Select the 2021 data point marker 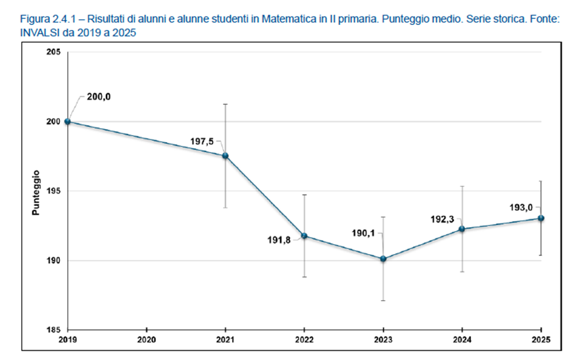pos(226,156)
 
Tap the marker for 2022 pos(304,236)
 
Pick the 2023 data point pos(383,259)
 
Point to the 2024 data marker pos(462,228)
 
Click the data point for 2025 pos(541,219)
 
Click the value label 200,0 pos(99,97)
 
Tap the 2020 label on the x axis pos(146,340)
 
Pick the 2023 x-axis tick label pos(383,340)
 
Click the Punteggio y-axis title pos(36,192)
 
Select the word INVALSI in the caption pos(22,32)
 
